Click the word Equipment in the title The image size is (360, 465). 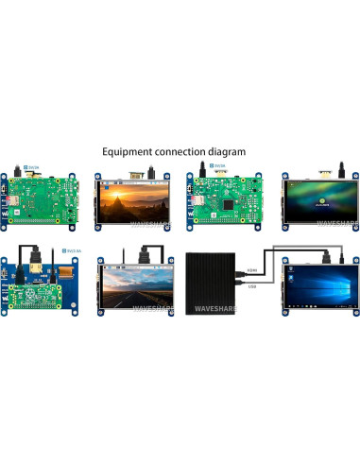[130, 151]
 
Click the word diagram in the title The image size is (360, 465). [227, 151]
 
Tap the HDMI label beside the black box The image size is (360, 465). [251, 271]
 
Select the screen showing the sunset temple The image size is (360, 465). [129, 198]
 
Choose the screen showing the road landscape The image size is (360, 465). [129, 283]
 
